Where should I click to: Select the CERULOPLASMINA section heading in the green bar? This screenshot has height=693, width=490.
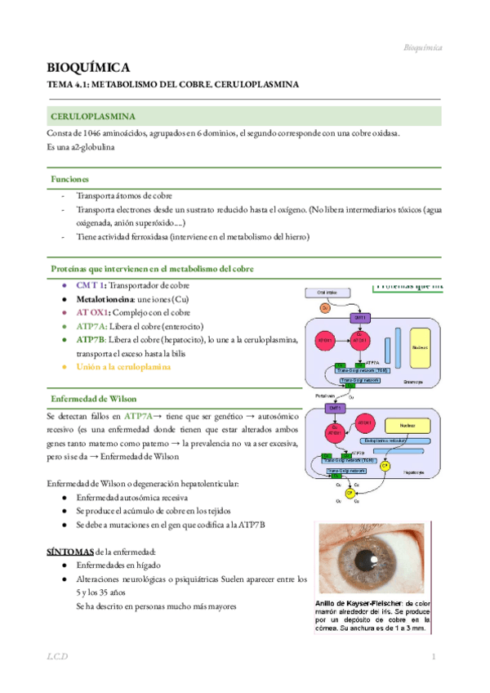pyautogui.click(x=92, y=117)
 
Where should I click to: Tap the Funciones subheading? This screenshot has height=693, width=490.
pyautogui.click(x=70, y=178)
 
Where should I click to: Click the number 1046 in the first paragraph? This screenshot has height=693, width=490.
pyautogui.click(x=94, y=134)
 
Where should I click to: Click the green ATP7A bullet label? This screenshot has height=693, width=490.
pyautogui.click(x=91, y=325)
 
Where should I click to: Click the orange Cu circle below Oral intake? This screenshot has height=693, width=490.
pyautogui.click(x=324, y=308)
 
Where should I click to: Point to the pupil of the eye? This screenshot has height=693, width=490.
pyautogui.click(x=370, y=558)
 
